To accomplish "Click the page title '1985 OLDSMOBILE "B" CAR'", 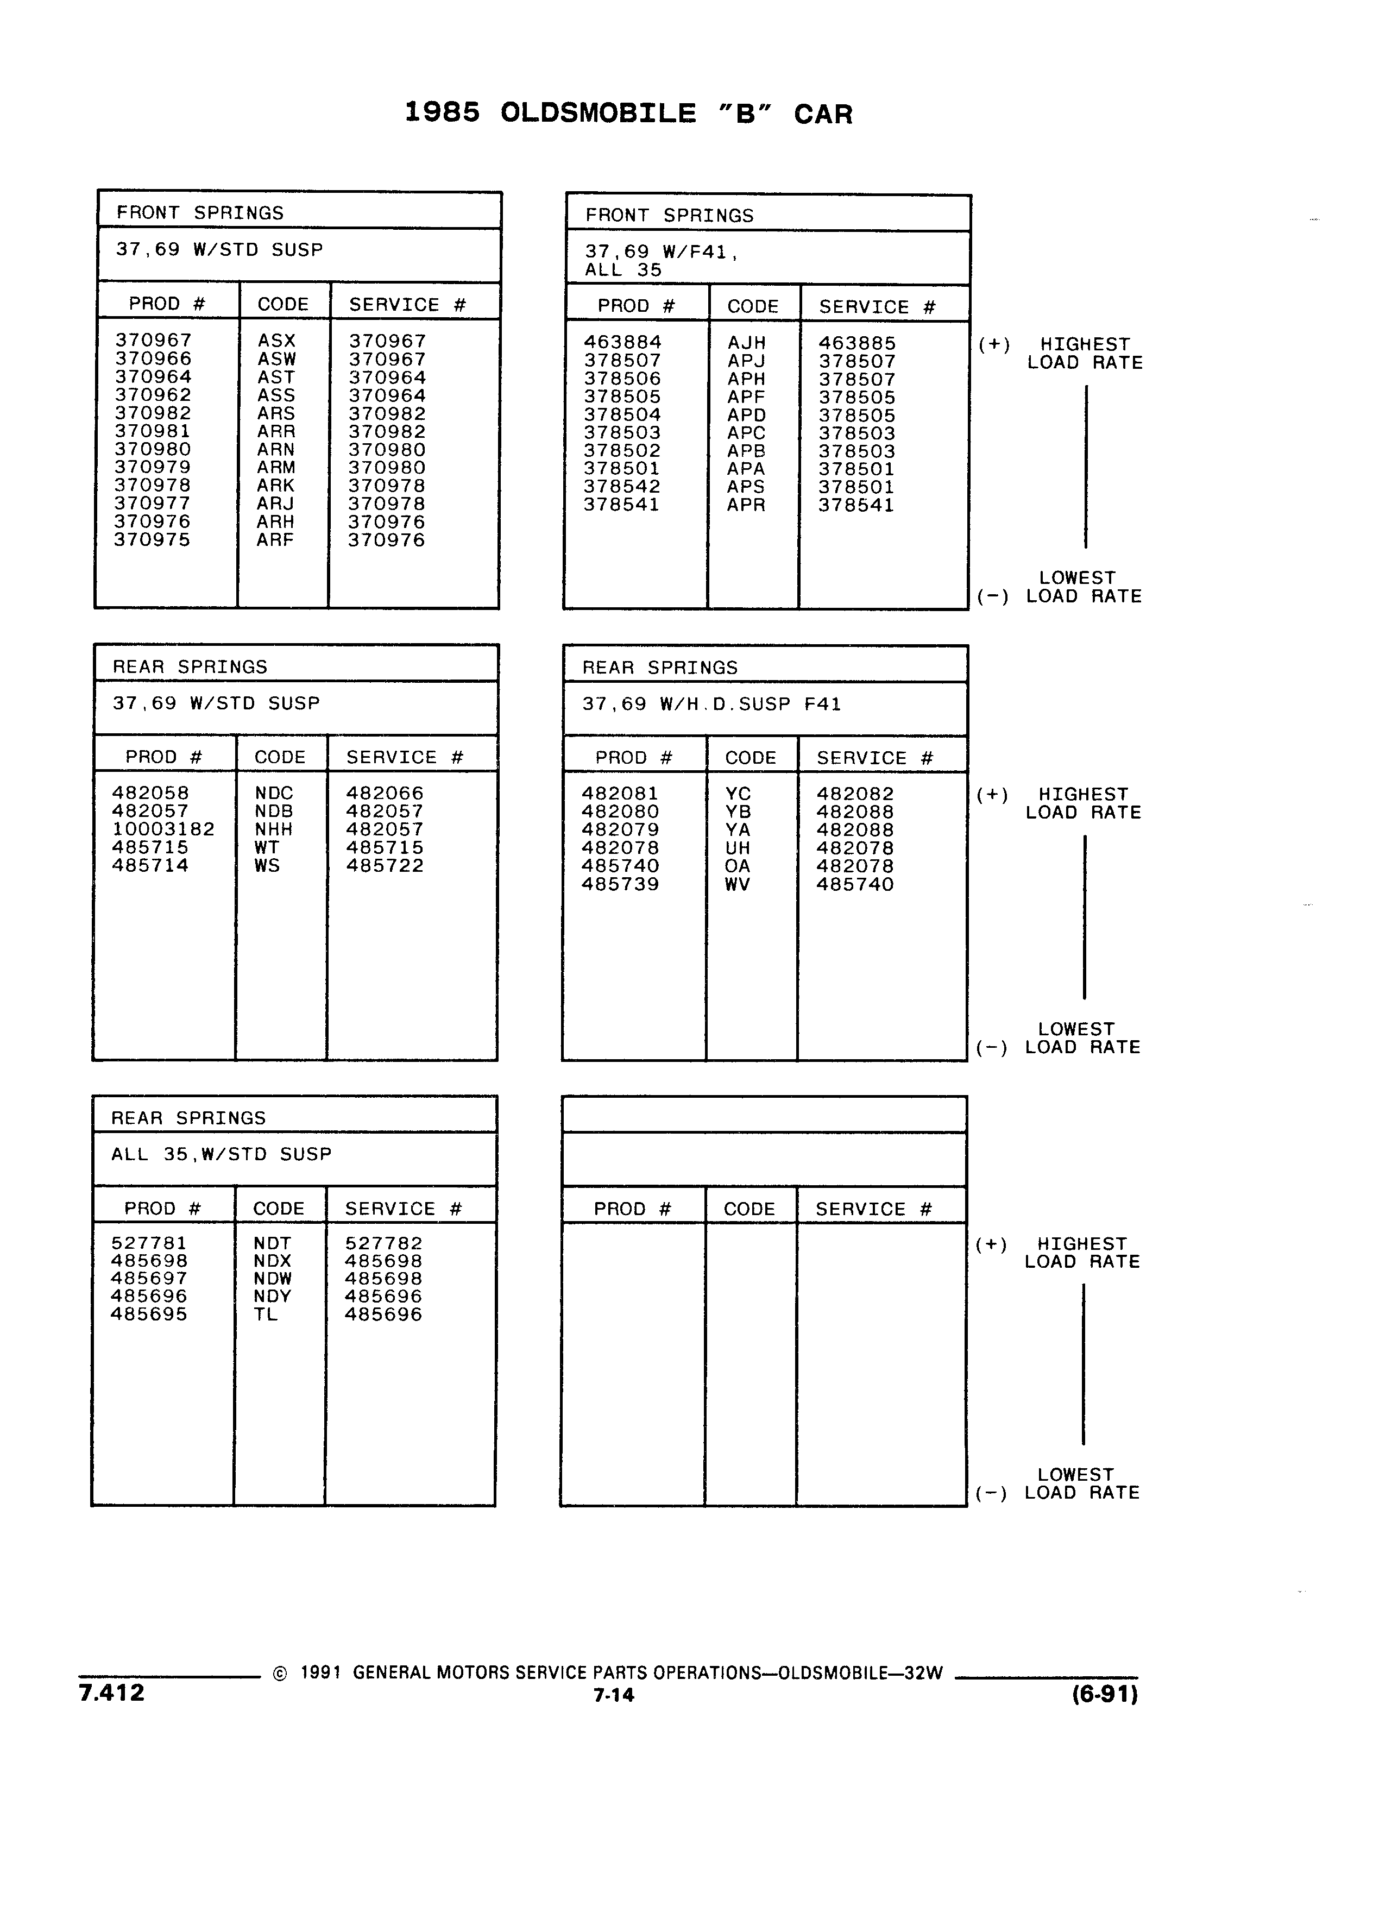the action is click(x=628, y=113).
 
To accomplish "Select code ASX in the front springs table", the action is click(x=276, y=341).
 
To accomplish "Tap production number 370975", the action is click(x=153, y=539).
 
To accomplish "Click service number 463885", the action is click(x=857, y=343).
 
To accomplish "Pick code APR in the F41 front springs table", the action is click(x=746, y=505).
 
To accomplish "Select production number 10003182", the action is click(x=163, y=829).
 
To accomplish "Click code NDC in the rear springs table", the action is click(x=274, y=793).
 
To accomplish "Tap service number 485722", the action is click(x=385, y=865).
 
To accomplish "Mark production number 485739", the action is click(x=620, y=884).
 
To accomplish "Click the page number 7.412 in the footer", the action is click(x=111, y=1693).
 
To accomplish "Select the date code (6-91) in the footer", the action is click(x=1105, y=1694).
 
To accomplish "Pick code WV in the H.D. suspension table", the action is click(x=736, y=884).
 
